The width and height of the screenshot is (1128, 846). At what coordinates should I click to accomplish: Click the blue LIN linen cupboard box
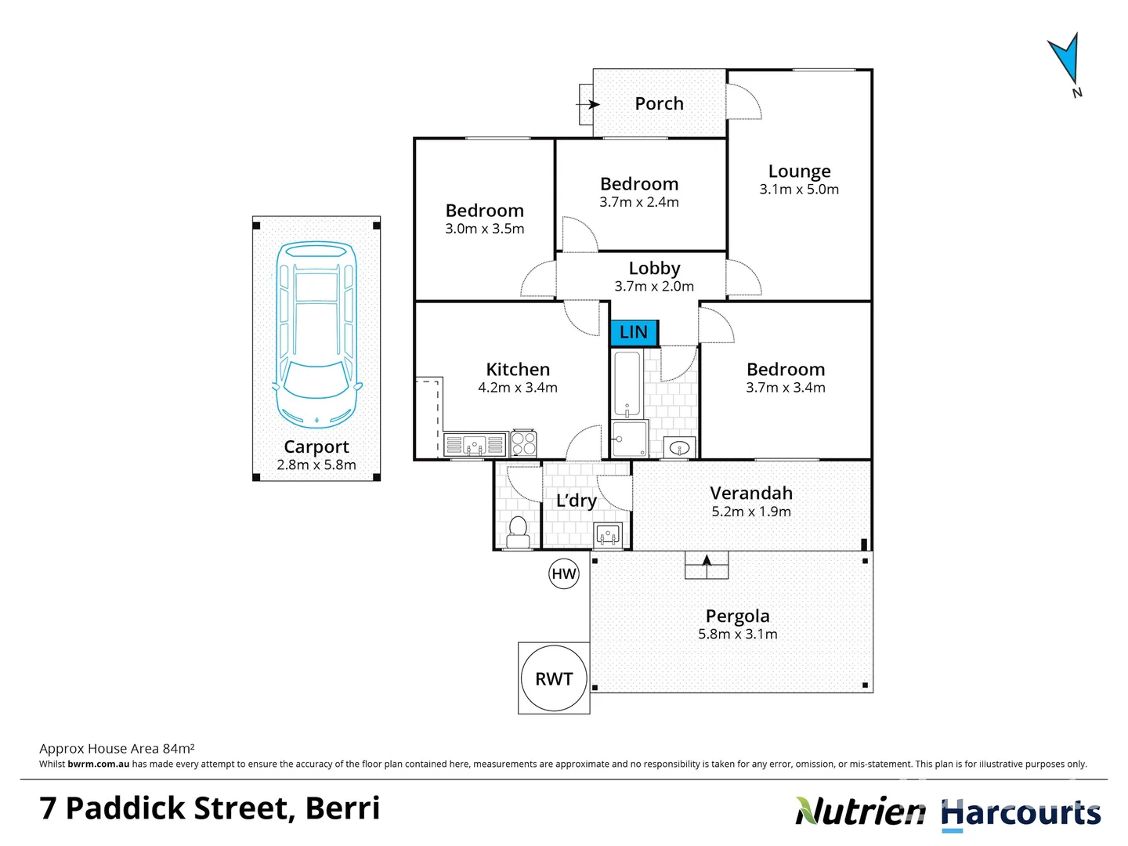(634, 332)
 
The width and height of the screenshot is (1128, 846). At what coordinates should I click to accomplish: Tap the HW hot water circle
(564, 573)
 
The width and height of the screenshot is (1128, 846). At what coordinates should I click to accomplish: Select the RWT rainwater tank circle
(554, 678)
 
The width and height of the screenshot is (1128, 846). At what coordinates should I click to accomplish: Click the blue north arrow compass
(1065, 60)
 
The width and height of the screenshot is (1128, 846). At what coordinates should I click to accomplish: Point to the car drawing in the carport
(316, 334)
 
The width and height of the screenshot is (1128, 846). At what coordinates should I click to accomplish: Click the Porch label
(659, 103)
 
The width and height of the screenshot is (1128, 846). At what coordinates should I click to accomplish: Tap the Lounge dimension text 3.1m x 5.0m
(799, 190)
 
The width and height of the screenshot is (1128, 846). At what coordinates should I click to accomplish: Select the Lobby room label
(654, 268)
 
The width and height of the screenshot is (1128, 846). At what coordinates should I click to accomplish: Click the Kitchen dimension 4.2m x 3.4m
(518, 388)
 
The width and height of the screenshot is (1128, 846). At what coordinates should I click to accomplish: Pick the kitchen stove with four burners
(523, 444)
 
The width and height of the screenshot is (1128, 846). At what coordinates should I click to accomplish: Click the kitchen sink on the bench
(475, 445)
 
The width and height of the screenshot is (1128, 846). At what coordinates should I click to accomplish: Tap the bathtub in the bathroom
(627, 385)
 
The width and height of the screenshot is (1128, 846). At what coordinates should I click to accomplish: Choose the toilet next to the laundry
(518, 531)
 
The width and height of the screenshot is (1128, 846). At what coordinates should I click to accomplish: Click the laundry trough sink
(608, 534)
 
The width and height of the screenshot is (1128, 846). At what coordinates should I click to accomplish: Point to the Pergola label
(737, 616)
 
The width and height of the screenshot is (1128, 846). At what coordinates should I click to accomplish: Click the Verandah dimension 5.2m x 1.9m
(751, 512)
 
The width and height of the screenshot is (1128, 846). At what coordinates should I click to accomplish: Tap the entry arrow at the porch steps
(587, 104)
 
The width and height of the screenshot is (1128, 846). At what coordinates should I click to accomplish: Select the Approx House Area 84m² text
(117, 749)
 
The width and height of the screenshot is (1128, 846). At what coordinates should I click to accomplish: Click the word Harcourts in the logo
(1021, 813)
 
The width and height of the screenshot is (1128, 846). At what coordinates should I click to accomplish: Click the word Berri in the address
(342, 808)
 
